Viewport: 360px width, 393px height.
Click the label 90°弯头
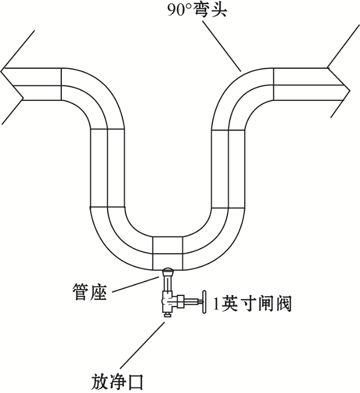tap(197, 10)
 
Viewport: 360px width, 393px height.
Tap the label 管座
tap(89, 292)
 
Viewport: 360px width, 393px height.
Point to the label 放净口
tap(117, 381)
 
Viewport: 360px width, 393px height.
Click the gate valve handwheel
tap(204, 302)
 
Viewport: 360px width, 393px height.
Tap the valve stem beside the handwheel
tap(194, 301)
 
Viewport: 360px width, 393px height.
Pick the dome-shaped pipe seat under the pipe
tap(168, 271)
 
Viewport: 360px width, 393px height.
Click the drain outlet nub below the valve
tap(168, 314)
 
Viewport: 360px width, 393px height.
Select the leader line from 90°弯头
tap(222, 46)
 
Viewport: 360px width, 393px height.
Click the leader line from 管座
tap(135, 284)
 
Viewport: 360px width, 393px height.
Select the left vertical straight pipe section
tap(107, 168)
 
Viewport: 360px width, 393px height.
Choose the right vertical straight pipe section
tap(228, 169)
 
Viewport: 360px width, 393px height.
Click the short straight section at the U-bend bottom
tap(168, 253)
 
